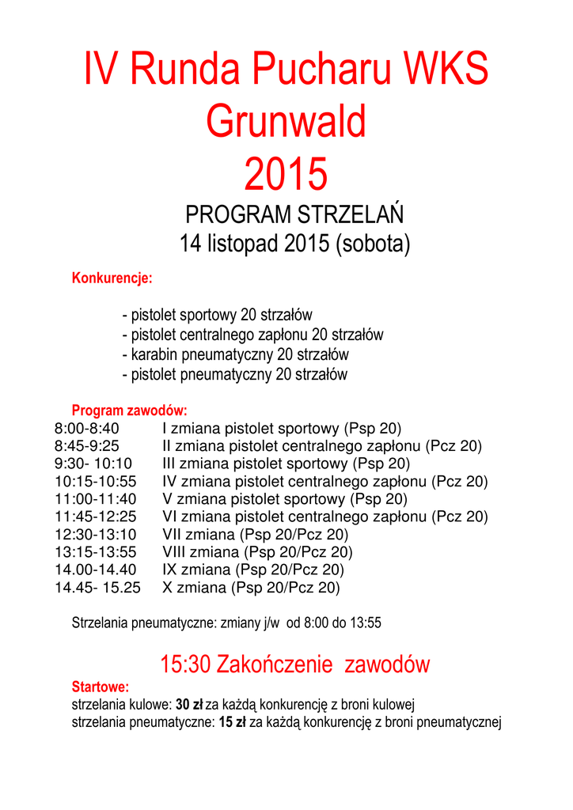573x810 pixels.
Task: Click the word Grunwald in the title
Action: pyautogui.click(x=286, y=122)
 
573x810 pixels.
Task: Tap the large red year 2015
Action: pyautogui.click(x=286, y=174)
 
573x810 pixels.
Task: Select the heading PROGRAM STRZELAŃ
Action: pyautogui.click(x=294, y=214)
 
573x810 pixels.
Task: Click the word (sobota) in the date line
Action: pyautogui.click(x=373, y=244)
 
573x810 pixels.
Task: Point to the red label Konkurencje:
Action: pyautogui.click(x=112, y=278)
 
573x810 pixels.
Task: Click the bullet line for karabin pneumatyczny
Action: pyautogui.click(x=235, y=354)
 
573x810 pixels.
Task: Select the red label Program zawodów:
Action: pyautogui.click(x=129, y=411)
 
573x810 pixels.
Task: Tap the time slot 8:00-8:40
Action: pyautogui.click(x=87, y=429)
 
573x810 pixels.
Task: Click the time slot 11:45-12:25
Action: pyautogui.click(x=96, y=517)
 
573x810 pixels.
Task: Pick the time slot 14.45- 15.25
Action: pyautogui.click(x=97, y=588)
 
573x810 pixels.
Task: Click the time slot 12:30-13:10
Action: pyautogui.click(x=95, y=535)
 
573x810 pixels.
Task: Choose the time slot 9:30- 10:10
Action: pyautogui.click(x=93, y=464)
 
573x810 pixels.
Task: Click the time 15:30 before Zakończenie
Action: pyautogui.click(x=184, y=664)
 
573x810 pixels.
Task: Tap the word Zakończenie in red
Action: pyautogui.click(x=275, y=664)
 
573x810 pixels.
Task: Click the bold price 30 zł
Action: pyautogui.click(x=189, y=704)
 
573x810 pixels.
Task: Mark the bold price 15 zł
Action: pyautogui.click(x=231, y=721)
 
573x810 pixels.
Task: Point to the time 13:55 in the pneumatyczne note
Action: pyautogui.click(x=364, y=623)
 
